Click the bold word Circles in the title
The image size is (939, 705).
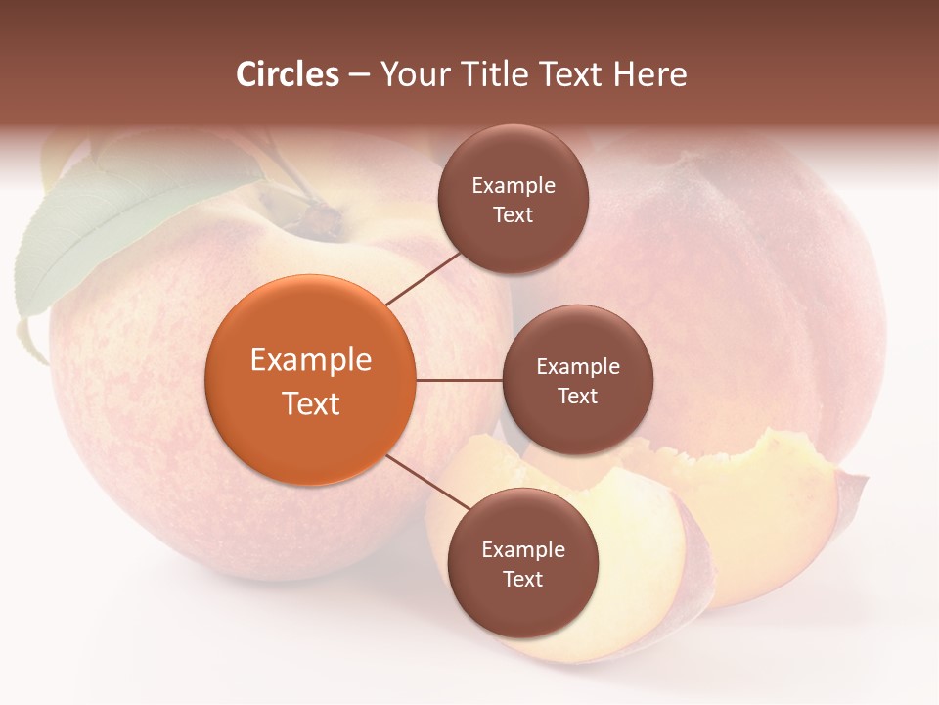[288, 74]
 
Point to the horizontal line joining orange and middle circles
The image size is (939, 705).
[459, 380]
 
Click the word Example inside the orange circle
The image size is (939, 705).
[311, 360]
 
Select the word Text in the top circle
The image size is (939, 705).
[513, 214]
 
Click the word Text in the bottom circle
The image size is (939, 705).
[522, 579]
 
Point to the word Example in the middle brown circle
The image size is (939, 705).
[577, 366]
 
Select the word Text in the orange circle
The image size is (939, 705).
[311, 403]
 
